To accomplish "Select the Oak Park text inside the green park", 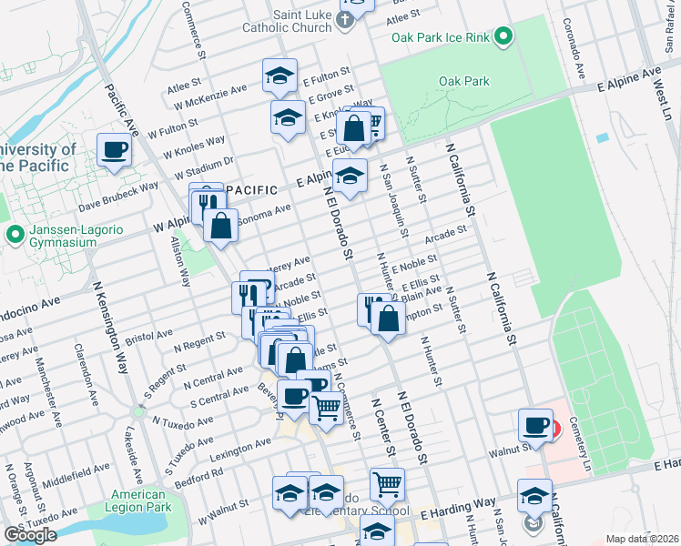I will pyautogui.click(x=463, y=81).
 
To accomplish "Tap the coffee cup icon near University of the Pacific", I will pyautogui.click(x=114, y=149).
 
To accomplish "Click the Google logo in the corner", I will pyautogui.click(x=29, y=535).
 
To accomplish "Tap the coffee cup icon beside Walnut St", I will pyautogui.click(x=535, y=425).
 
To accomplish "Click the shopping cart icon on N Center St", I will pyautogui.click(x=387, y=483).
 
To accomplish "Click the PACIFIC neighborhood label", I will pyautogui.click(x=251, y=189).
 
